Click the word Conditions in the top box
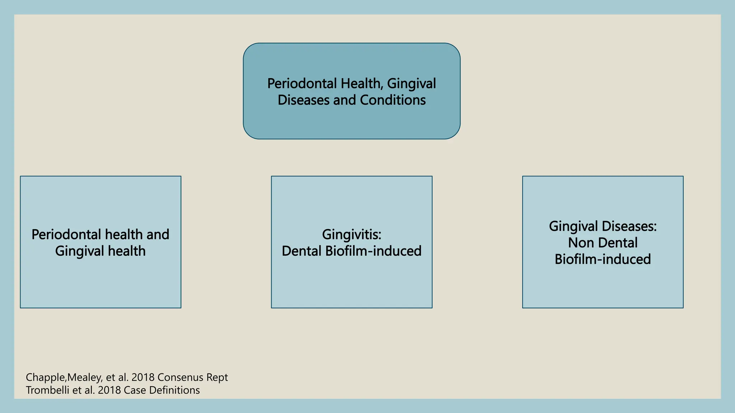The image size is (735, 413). click(x=393, y=100)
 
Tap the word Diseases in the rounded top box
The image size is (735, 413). click(x=304, y=100)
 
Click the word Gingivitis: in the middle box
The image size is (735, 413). click(x=351, y=234)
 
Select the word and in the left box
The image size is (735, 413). click(x=158, y=234)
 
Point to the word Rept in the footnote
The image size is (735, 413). click(x=216, y=377)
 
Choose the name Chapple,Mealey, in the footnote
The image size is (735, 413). click(x=64, y=377)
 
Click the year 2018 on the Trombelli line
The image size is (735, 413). click(x=109, y=390)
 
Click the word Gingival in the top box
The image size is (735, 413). click(x=411, y=84)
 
